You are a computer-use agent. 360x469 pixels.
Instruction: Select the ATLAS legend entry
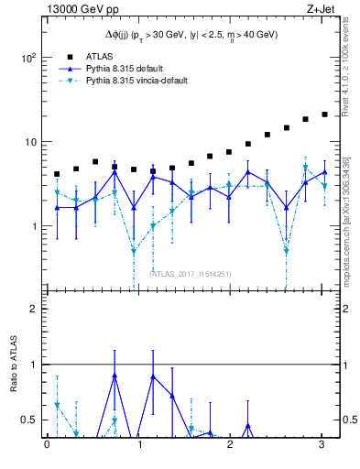(x=97, y=55)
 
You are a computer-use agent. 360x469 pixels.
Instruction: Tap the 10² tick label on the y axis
(x=29, y=57)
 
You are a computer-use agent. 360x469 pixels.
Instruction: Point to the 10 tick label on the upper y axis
(x=31, y=142)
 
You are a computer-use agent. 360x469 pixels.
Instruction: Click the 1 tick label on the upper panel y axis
(x=35, y=226)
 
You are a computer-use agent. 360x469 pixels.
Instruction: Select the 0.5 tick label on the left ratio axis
(x=29, y=420)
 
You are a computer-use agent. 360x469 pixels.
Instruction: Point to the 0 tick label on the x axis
(x=47, y=445)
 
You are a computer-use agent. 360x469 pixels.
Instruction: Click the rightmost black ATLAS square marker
(x=324, y=115)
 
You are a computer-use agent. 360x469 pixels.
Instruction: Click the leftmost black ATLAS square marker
(x=57, y=174)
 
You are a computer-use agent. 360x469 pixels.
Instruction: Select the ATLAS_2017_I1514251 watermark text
(x=191, y=273)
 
